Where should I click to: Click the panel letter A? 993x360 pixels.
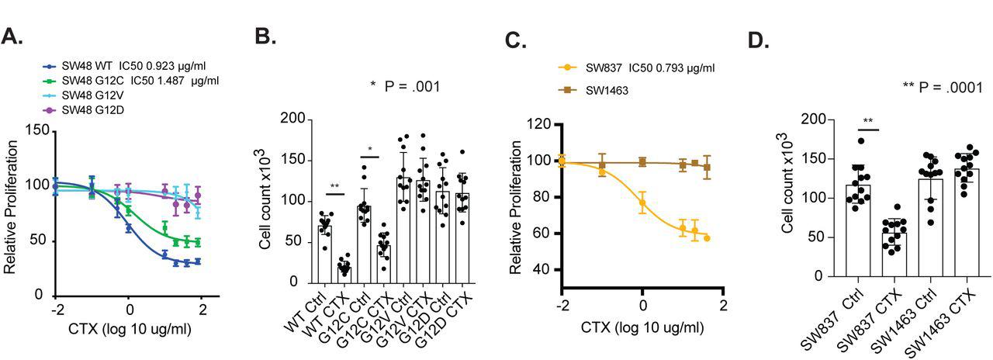click(14, 36)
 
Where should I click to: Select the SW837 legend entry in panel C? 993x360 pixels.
click(636, 67)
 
